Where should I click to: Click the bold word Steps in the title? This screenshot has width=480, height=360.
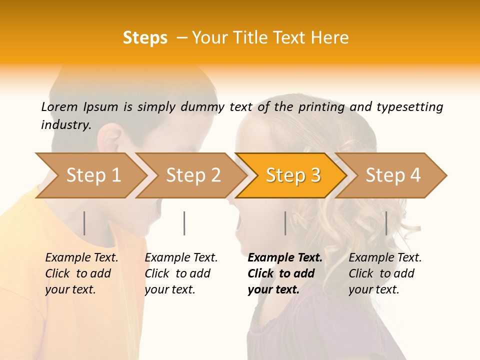pyautogui.click(x=145, y=38)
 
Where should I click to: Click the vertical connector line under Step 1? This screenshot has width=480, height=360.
pyautogui.click(x=84, y=223)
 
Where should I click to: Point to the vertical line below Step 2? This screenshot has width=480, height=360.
pyautogui.click(x=184, y=223)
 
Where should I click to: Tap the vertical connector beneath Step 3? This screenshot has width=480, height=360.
pyautogui.click(x=285, y=223)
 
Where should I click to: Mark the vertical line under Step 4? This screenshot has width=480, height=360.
pyautogui.click(x=386, y=223)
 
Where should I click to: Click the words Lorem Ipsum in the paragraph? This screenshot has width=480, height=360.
pyautogui.click(x=79, y=106)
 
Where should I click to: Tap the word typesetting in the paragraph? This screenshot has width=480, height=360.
pyautogui.click(x=409, y=107)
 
